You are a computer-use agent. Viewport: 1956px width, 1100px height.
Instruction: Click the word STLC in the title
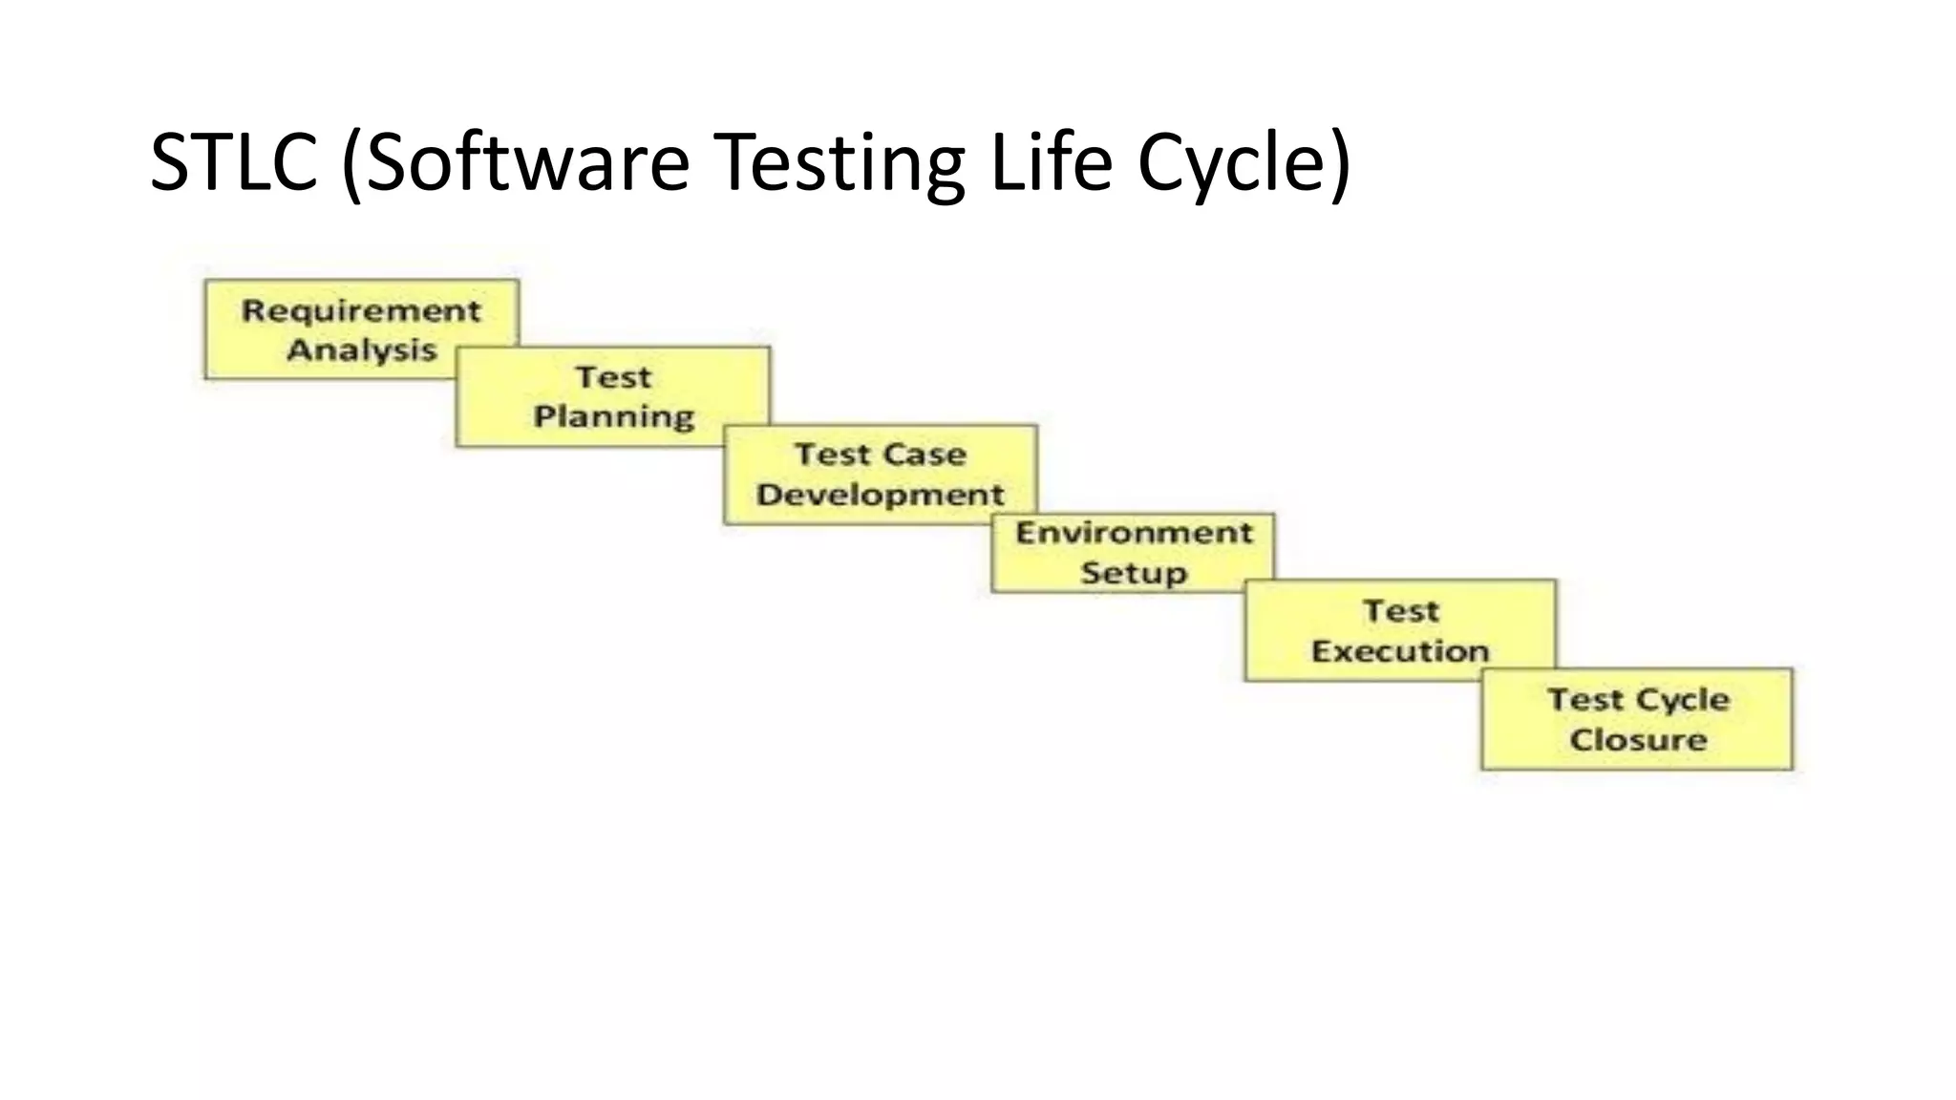pyautogui.click(x=234, y=162)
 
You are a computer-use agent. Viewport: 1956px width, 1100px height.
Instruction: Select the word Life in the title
pyautogui.click(x=1052, y=162)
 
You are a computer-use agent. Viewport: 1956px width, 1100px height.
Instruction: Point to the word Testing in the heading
pyautogui.click(x=840, y=164)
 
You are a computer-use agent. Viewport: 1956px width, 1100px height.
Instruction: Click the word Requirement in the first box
pyautogui.click(x=361, y=310)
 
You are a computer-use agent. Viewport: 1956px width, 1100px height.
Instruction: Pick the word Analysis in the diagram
pyautogui.click(x=361, y=350)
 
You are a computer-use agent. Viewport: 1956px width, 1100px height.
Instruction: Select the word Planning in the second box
pyautogui.click(x=613, y=417)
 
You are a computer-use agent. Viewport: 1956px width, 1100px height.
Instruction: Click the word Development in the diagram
pyautogui.click(x=880, y=495)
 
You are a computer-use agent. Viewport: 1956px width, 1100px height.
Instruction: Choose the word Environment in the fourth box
pyautogui.click(x=1134, y=533)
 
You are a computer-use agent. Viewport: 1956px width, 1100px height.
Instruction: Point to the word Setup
pyautogui.click(x=1134, y=573)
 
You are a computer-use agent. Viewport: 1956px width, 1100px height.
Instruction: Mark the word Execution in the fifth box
pyautogui.click(x=1400, y=651)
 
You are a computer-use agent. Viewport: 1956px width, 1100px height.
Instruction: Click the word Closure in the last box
pyautogui.click(x=1638, y=740)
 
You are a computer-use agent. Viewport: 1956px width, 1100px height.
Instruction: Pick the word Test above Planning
pyautogui.click(x=613, y=377)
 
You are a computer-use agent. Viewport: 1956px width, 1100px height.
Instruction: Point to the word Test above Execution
pyautogui.click(x=1400, y=611)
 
